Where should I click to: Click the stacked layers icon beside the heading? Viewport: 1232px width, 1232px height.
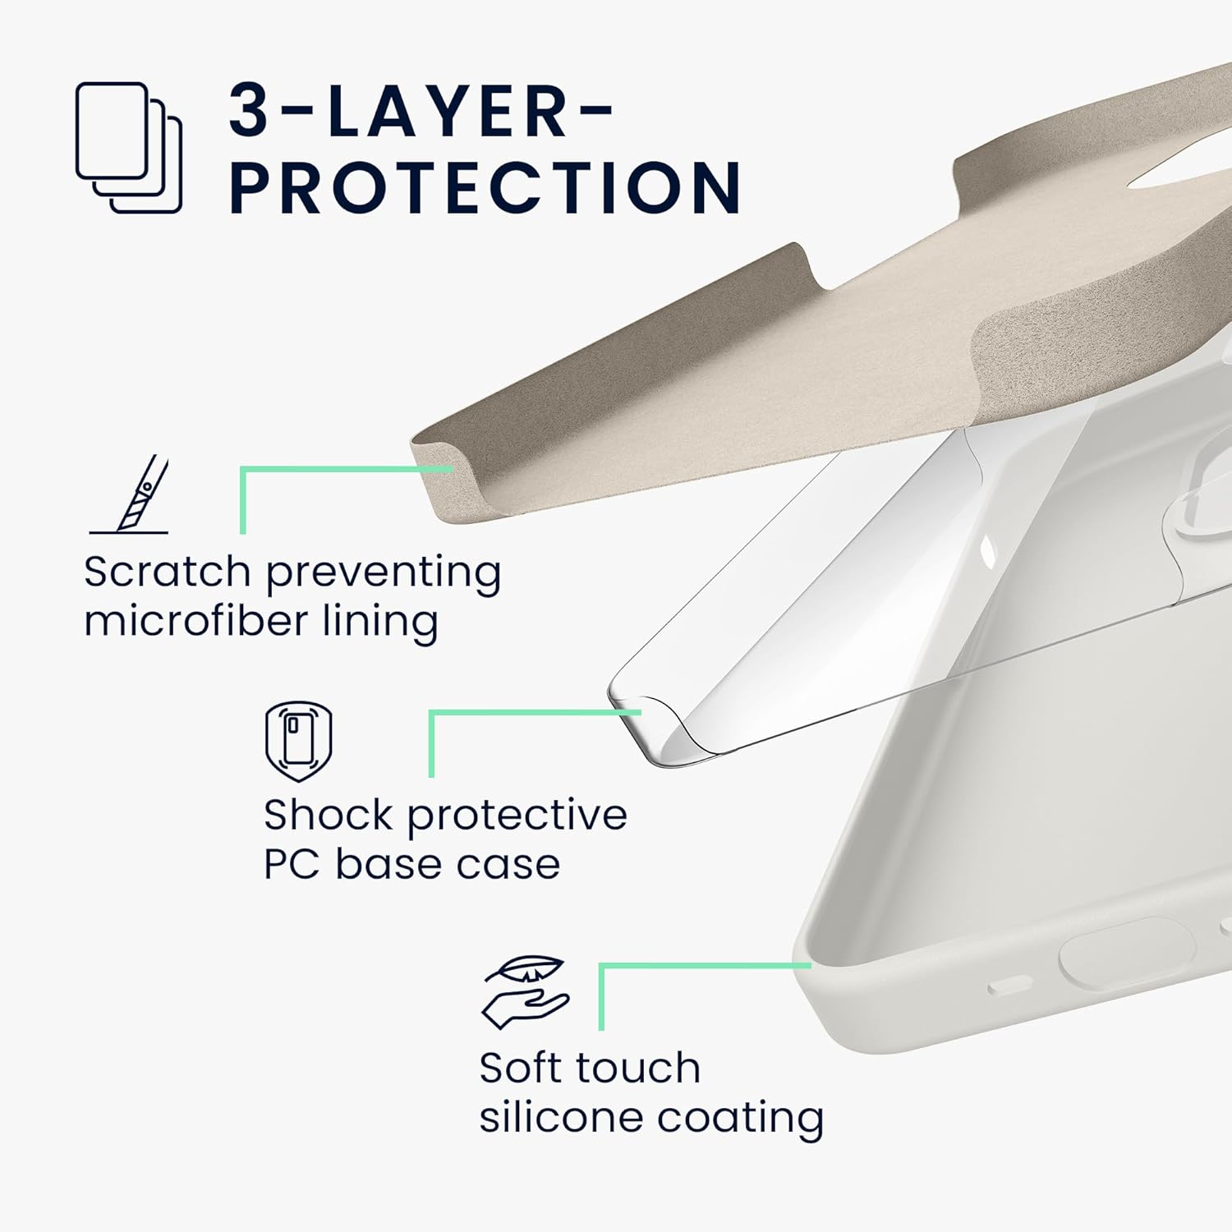tap(129, 148)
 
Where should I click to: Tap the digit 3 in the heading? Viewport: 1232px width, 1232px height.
tap(249, 110)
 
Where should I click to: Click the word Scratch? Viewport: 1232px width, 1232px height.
tap(167, 572)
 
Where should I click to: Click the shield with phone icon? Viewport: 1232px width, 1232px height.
tap(299, 741)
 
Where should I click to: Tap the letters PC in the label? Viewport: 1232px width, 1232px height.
tap(292, 864)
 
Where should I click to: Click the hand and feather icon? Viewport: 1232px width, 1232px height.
tap(526, 993)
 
